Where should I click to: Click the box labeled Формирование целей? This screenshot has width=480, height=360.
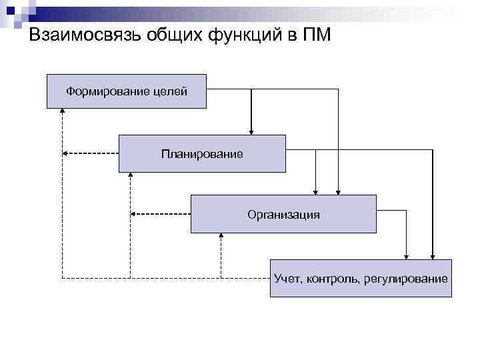(x=126, y=91)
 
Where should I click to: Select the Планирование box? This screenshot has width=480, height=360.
(x=201, y=153)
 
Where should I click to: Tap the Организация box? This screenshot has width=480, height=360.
(x=283, y=214)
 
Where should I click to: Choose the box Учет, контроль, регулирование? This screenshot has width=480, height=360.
(x=360, y=277)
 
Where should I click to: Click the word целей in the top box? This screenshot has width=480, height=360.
(x=171, y=91)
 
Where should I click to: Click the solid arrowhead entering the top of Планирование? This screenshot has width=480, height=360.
(x=251, y=131)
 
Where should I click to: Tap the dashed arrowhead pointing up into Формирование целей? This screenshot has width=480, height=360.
(x=62, y=111)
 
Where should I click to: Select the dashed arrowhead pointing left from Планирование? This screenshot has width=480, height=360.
(x=65, y=153)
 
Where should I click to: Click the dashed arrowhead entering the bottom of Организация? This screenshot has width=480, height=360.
(x=221, y=237)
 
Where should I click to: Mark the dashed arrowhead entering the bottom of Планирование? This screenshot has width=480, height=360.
(x=131, y=176)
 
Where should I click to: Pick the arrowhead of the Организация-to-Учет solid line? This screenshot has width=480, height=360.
(x=406, y=255)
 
